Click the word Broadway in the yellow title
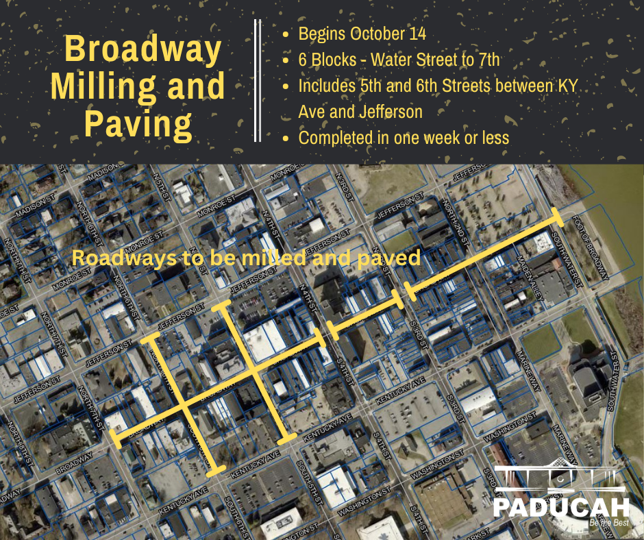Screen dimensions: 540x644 pos(143,49)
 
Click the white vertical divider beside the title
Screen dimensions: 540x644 pos(258,81)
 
